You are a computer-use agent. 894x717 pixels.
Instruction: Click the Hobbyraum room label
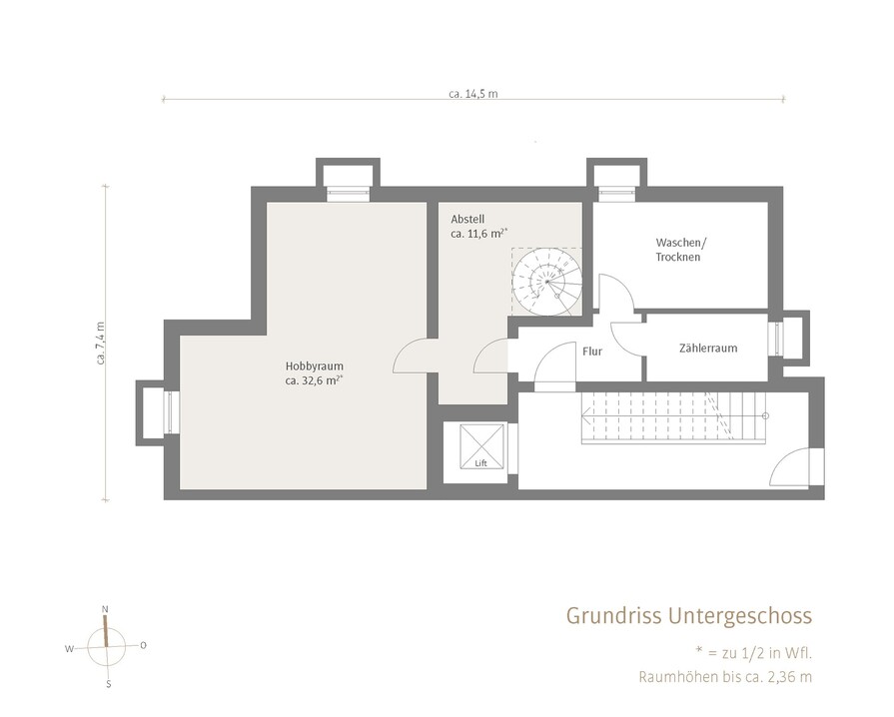click(315, 365)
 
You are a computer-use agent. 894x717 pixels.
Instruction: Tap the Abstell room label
click(467, 219)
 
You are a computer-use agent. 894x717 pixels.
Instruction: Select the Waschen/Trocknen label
click(680, 250)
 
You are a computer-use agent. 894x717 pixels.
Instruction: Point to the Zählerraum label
click(708, 348)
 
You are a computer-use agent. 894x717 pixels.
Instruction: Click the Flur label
click(591, 352)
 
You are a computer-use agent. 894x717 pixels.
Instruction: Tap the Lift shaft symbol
click(481, 446)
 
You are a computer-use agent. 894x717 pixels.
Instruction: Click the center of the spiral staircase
click(547, 281)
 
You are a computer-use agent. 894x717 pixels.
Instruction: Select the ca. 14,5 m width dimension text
click(472, 94)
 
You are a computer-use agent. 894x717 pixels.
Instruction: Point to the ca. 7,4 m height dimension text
click(100, 344)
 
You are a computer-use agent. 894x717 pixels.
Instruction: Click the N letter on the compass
click(104, 609)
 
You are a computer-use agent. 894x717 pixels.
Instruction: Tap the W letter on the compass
click(69, 649)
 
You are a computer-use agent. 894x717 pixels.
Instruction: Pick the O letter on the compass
click(143, 645)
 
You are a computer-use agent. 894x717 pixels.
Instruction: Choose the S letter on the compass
click(108, 684)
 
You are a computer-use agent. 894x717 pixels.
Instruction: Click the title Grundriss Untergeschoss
click(689, 616)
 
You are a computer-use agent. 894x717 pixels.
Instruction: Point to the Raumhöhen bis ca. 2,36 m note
click(725, 677)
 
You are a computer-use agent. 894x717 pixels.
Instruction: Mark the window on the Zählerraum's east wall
click(774, 341)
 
